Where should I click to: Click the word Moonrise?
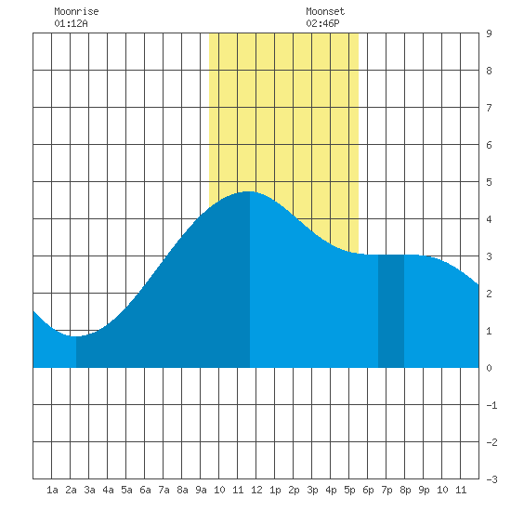coord(76,11)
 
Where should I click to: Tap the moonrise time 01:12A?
coord(71,23)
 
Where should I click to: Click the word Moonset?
coord(325,11)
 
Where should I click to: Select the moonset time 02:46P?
coord(322,23)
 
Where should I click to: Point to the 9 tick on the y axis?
coord(489,33)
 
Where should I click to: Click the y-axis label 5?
coord(489,182)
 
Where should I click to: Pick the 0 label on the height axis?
coord(489,368)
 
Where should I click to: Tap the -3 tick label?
coord(491,479)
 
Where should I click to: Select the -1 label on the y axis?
coord(491,405)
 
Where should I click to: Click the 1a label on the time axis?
coord(52,490)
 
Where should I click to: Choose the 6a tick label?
coord(145,490)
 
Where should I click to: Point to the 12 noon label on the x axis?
coord(256,490)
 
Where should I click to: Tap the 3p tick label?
coord(312,490)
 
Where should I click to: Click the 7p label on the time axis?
coord(387,490)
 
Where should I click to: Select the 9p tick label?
coord(424,490)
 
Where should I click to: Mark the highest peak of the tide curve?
coord(250,191)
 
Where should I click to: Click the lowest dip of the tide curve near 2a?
coord(76,336)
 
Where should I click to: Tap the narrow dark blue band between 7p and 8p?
coord(391,311)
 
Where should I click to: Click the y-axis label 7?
coord(489,108)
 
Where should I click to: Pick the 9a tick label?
coord(201,490)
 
